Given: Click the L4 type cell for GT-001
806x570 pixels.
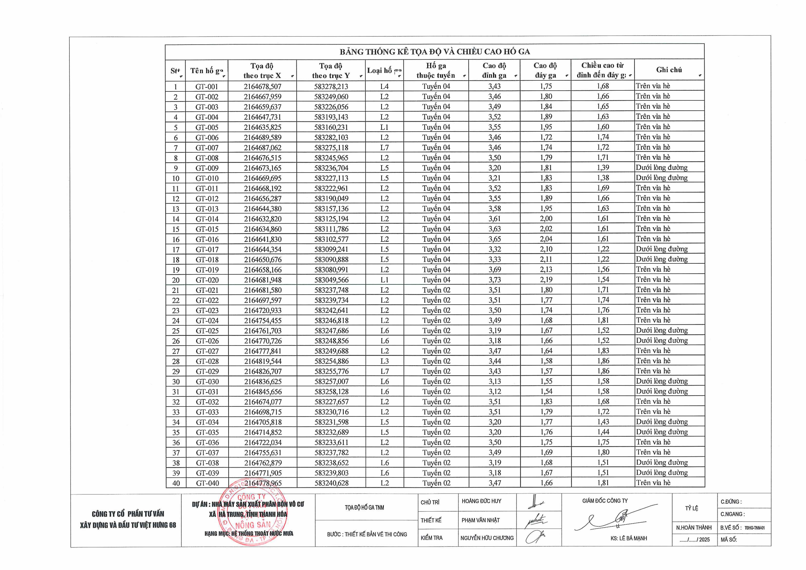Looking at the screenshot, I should point(384,86).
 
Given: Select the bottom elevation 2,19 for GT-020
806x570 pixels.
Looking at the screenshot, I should point(546,280).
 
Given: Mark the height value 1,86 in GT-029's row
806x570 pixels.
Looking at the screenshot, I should point(603,371).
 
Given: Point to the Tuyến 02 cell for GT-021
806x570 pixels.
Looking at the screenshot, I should point(436,290).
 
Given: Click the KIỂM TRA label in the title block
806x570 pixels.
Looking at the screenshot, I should point(432,538).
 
